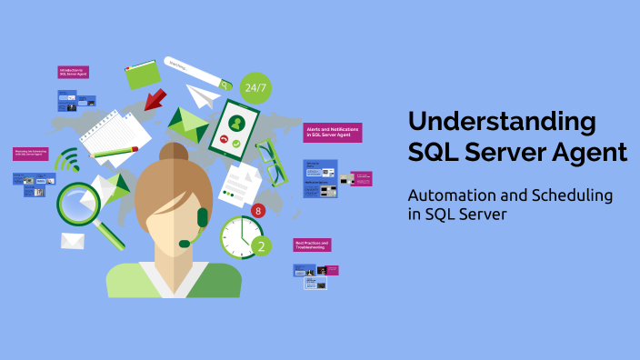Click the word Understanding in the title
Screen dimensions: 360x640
[x=502, y=121]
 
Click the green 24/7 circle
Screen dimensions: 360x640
[x=255, y=88]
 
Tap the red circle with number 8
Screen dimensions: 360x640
[x=257, y=211]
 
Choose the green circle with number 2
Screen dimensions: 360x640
[x=261, y=245]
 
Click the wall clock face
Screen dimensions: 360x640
[x=239, y=235]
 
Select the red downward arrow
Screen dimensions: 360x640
[x=155, y=97]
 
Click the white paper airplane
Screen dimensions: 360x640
[x=205, y=95]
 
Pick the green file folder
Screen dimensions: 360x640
[x=142, y=75]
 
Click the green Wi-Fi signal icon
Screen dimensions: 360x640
[x=67, y=162]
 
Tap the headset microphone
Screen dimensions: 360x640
[x=185, y=243]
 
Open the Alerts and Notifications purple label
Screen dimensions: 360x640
[x=333, y=133]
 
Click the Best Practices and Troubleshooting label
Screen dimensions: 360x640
[x=312, y=245]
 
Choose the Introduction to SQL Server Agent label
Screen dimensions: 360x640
[x=73, y=71]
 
